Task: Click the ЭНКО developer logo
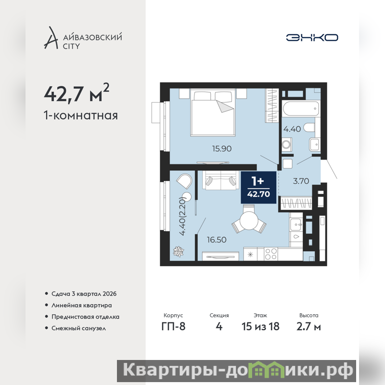pos(312,38)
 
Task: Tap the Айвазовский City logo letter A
pos(51,38)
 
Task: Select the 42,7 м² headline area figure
pos(77,93)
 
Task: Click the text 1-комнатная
pos(81,115)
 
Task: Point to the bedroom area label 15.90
pos(222,149)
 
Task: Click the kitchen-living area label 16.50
pos(217,240)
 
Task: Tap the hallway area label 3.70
pos(301,181)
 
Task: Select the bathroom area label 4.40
pos(292,129)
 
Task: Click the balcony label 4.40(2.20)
pos(182,216)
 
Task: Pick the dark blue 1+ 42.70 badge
pos(258,188)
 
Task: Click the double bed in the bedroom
pos(213,112)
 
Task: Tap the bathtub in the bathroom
pos(301,109)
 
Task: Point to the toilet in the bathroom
pos(309,128)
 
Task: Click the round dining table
pos(249,220)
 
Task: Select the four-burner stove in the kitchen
pos(271,254)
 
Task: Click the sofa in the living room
pos(221,180)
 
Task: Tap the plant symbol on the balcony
pos(179,251)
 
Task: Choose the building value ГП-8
pos(173,327)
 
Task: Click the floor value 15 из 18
pos(260,327)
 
